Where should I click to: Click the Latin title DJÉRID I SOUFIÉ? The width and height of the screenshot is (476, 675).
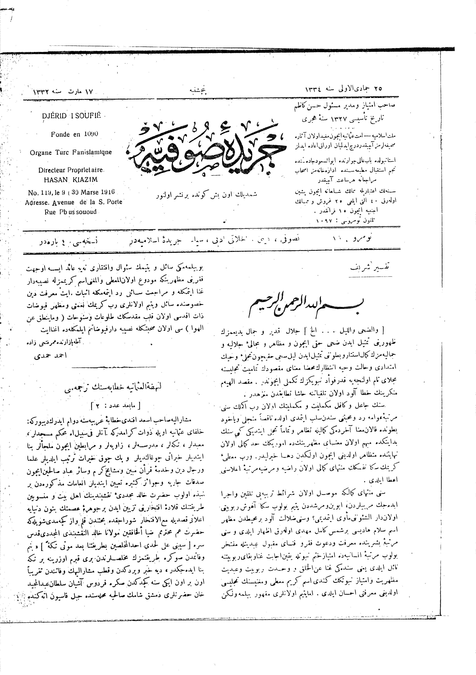pos(71,116)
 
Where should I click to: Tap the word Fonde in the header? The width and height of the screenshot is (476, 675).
pos(60,134)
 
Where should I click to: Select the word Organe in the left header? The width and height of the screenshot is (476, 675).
pos(40,153)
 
